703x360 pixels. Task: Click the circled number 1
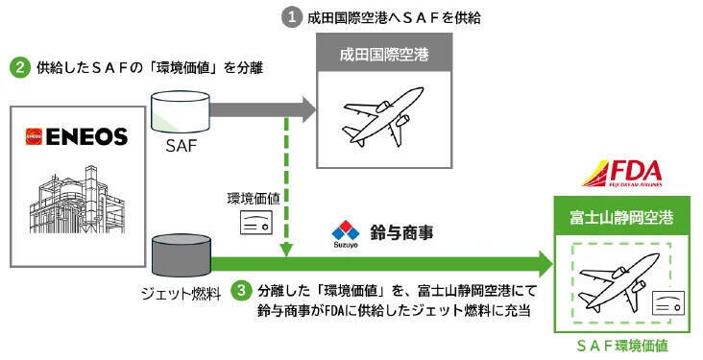(x=292, y=16)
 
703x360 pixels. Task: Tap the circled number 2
(x=18, y=68)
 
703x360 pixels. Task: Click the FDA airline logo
(x=621, y=176)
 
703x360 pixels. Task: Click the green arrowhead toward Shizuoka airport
(x=544, y=262)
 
